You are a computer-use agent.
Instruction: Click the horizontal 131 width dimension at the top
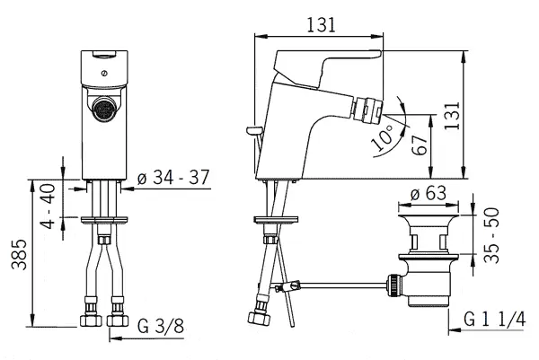coord(321,25)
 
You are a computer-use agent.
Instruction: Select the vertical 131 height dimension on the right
coord(452,116)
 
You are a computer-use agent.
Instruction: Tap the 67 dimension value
coord(420,145)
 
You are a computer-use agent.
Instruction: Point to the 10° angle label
coord(383,137)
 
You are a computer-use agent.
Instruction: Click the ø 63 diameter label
coord(429,193)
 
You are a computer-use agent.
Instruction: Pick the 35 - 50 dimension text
coord(491,235)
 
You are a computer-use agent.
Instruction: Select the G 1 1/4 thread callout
coord(495,319)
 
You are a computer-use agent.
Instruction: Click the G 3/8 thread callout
coord(161,326)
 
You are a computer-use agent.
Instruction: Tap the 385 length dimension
coord(19,255)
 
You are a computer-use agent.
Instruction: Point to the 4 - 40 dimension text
coord(48,206)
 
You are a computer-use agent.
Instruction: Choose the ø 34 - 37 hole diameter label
coord(173,178)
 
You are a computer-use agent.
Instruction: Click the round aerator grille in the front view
coord(104,109)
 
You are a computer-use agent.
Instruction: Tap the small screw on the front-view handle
coord(104,74)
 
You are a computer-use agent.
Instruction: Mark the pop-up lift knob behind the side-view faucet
coord(254,130)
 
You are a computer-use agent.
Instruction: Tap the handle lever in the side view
coord(327,68)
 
